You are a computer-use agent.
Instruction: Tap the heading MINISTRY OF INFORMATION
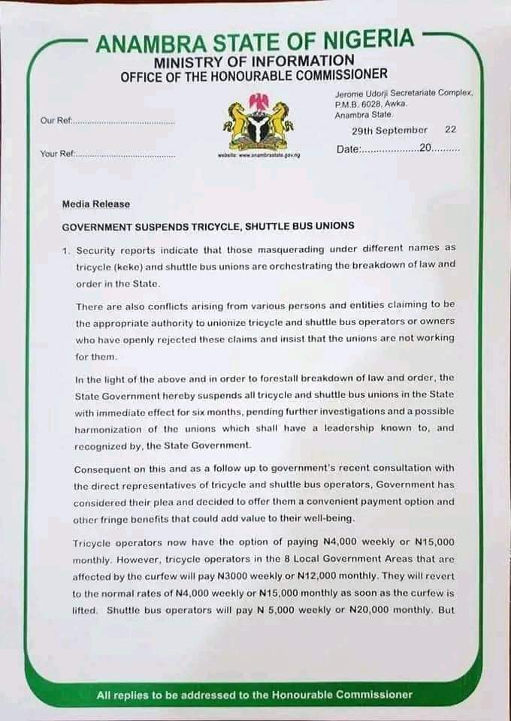pyautogui.click(x=254, y=61)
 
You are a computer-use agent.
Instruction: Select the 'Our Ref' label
pyautogui.click(x=54, y=121)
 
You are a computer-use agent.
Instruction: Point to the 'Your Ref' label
pyautogui.click(x=57, y=154)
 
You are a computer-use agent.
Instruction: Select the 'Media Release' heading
pyautogui.click(x=95, y=204)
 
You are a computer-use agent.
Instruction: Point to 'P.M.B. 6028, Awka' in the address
pyautogui.click(x=364, y=104)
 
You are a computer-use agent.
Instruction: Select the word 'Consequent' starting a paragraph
pyautogui.click(x=102, y=469)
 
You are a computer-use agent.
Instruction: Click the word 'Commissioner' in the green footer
pyautogui.click(x=375, y=695)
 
